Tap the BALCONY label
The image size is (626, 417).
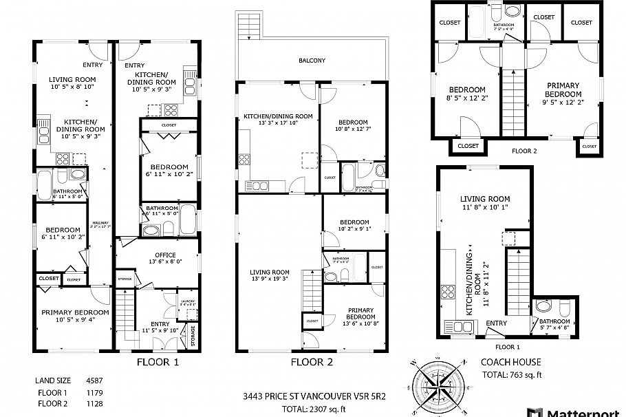click(x=312, y=61)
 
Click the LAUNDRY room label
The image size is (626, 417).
click(x=188, y=301)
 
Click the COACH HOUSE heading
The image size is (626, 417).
click(x=510, y=362)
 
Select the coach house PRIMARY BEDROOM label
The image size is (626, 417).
click(x=562, y=89)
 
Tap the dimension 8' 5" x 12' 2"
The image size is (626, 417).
click(x=467, y=98)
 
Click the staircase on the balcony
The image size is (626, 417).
click(x=248, y=28)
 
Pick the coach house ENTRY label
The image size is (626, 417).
click(x=497, y=323)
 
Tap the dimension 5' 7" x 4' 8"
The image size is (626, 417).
click(x=554, y=328)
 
